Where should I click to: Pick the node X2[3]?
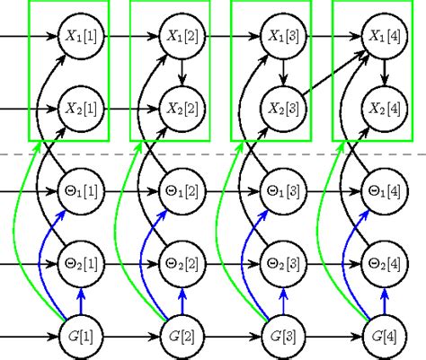click(x=284, y=109)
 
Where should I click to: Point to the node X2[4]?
click(x=386, y=109)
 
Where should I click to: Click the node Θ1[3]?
click(x=284, y=192)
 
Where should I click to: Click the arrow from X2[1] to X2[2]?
click(x=131, y=109)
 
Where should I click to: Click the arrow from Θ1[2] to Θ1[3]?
click(x=234, y=192)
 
